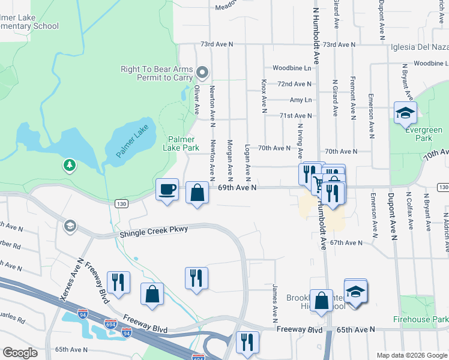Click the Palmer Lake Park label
tap(182, 143)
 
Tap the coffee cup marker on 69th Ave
tap(167, 190)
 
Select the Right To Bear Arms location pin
tap(203, 74)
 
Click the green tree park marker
tap(70, 164)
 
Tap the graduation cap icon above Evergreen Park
tap(405, 112)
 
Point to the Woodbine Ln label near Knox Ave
tap(292, 68)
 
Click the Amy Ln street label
tap(301, 100)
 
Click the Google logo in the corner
tap(20, 353)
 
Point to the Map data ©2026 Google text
tap(411, 355)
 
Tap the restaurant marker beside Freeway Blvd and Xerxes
tap(118, 282)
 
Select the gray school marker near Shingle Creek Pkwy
tap(70, 226)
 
